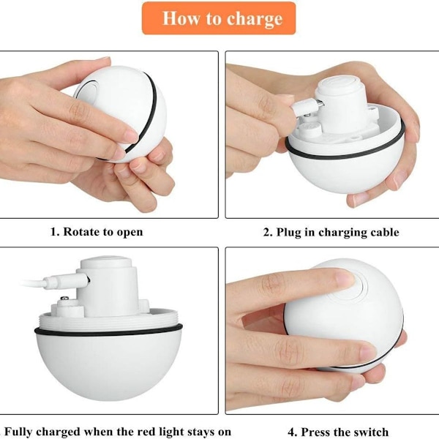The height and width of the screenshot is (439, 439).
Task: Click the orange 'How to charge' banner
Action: click(x=219, y=18)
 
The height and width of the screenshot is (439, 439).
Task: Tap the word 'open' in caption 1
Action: click(x=130, y=233)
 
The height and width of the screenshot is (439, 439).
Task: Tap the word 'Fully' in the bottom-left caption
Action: click(x=18, y=432)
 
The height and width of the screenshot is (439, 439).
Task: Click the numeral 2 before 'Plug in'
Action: click(x=267, y=232)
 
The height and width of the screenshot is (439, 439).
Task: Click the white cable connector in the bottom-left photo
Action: click(x=67, y=281)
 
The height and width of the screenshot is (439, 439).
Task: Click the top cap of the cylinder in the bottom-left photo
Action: click(x=106, y=262)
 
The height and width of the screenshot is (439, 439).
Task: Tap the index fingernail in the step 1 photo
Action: click(x=131, y=137)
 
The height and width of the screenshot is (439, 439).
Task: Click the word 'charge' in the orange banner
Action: click(x=255, y=19)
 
